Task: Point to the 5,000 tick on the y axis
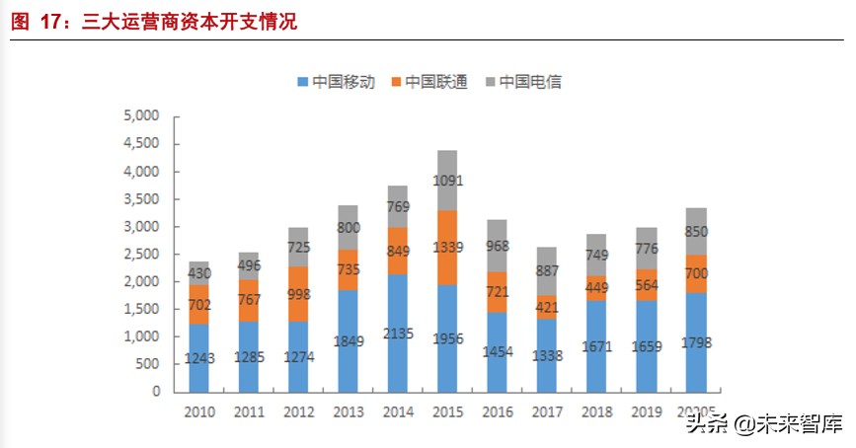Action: click(141, 116)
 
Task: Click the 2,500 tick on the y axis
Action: click(141, 254)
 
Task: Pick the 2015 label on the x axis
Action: click(447, 411)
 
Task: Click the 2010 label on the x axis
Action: click(200, 411)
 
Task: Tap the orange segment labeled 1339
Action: click(447, 247)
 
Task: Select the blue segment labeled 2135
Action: click(398, 332)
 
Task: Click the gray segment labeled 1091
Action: click(447, 181)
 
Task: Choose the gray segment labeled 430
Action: click(200, 272)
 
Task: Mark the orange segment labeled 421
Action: click(547, 307)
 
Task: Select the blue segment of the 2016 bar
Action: click(497, 351)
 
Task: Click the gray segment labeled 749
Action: click(596, 255)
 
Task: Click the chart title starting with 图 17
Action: click(153, 22)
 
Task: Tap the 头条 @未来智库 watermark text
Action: click(764, 424)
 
